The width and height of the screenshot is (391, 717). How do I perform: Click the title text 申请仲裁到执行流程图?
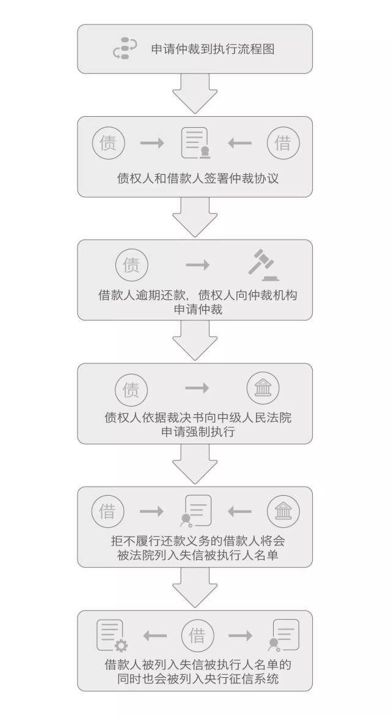coord(213,49)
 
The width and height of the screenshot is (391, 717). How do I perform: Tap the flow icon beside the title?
coord(125,48)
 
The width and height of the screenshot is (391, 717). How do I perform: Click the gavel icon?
coord(263,265)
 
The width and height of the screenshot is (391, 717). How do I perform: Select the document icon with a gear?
coord(112,635)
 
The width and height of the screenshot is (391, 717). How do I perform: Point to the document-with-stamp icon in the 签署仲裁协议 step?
coord(195,142)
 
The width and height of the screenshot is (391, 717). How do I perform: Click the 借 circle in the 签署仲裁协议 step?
coord(283,143)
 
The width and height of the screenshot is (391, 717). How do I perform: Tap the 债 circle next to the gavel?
coord(131,265)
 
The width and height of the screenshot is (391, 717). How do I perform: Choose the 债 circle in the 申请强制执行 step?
coord(131,389)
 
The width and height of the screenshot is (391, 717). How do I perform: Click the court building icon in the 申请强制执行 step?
coord(263,389)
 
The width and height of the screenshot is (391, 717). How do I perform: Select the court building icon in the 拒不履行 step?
coord(283,511)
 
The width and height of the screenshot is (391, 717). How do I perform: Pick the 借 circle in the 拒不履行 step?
coord(108,511)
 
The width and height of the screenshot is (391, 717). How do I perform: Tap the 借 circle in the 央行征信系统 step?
coord(197,635)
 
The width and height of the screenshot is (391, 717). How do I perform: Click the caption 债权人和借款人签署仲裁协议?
coord(198,178)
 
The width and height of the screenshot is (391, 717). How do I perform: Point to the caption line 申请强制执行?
coord(198,432)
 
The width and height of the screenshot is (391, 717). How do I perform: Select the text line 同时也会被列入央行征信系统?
coord(198,678)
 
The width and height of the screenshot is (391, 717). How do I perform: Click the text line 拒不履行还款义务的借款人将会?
coord(198,541)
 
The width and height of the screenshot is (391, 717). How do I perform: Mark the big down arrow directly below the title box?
coord(195,94)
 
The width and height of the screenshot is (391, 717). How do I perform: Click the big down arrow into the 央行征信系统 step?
coord(195,587)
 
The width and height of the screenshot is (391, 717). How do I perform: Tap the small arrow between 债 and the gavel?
coord(198,265)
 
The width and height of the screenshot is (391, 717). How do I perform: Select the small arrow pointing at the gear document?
coord(155,635)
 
